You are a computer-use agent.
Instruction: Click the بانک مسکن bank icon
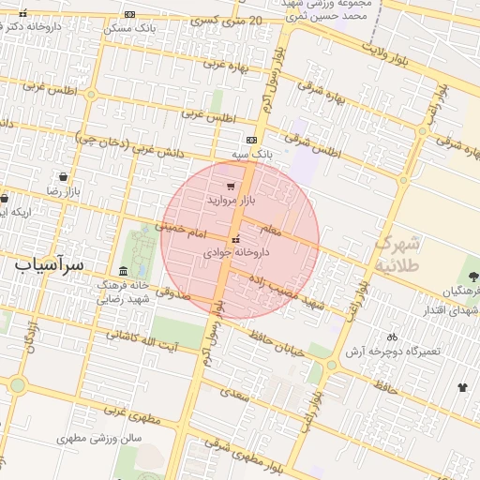point(129,14)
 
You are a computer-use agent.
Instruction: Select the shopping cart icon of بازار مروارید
point(231,187)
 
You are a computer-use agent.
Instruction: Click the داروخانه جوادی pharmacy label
point(236,252)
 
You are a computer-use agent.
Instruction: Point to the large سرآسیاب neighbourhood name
point(50,265)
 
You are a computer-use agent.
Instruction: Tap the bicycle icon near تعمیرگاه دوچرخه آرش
point(392,337)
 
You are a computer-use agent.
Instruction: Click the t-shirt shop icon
point(462,386)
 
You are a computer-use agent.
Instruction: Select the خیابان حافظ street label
point(278,333)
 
